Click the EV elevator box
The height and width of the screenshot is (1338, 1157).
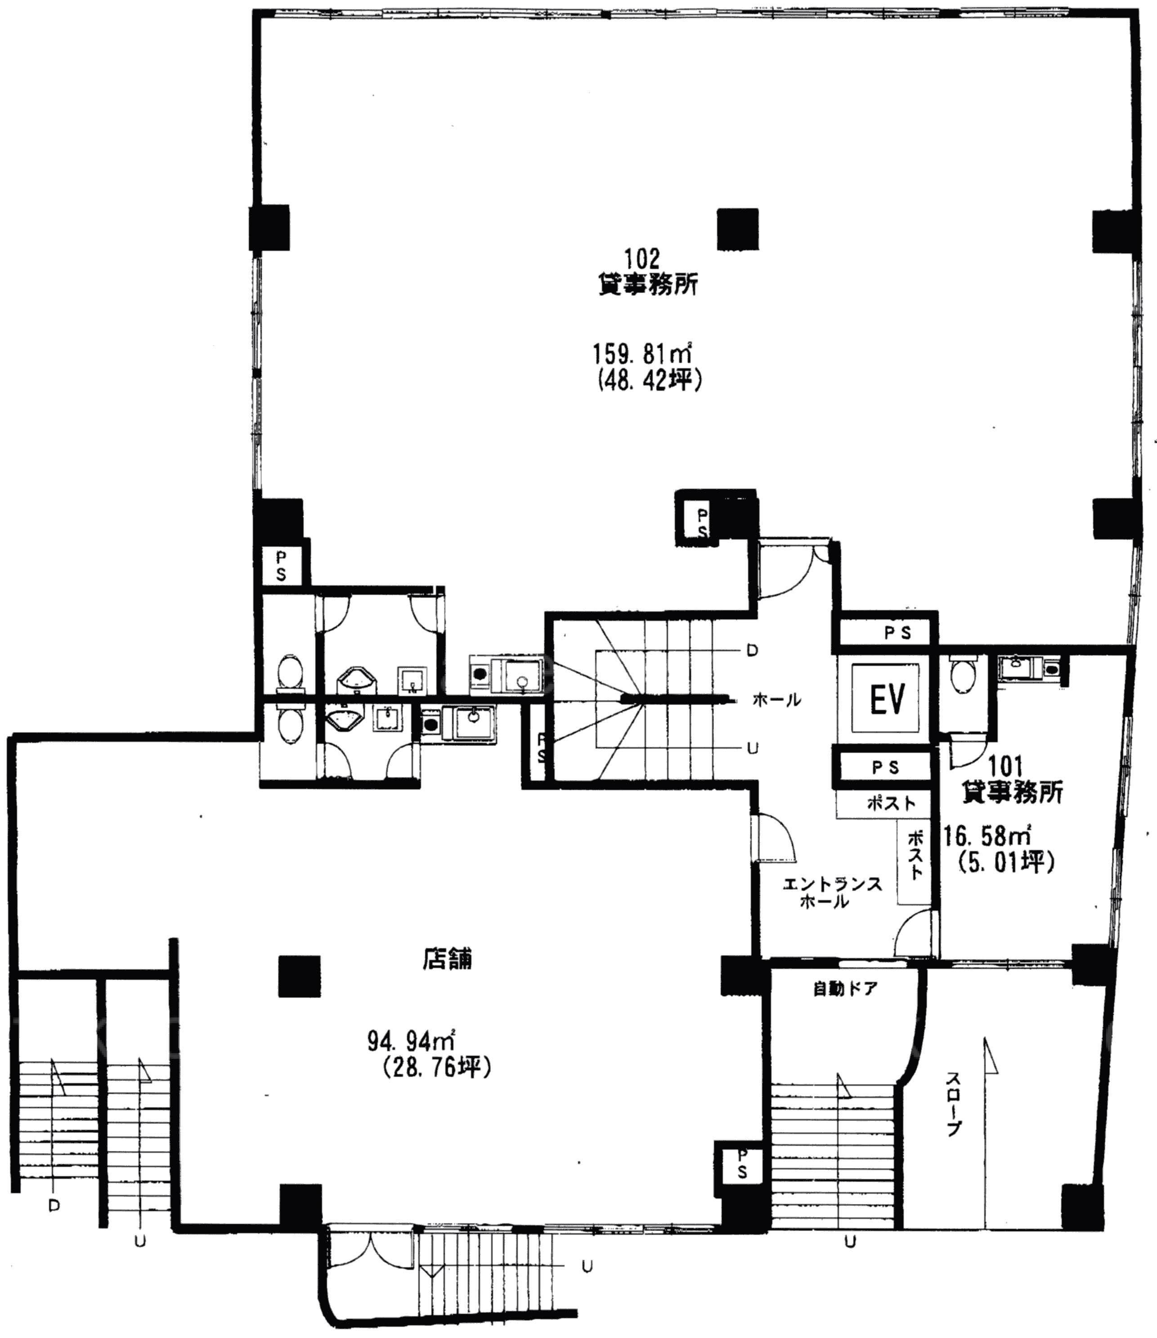tap(886, 700)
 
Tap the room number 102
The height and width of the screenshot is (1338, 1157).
tap(641, 259)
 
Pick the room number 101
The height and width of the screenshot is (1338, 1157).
tap(1006, 767)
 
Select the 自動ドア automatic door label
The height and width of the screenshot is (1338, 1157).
tap(844, 989)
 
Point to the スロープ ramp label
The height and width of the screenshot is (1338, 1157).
tap(954, 1104)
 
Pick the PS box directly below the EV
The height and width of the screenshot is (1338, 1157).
tap(885, 767)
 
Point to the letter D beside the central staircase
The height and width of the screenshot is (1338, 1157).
tap(752, 651)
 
